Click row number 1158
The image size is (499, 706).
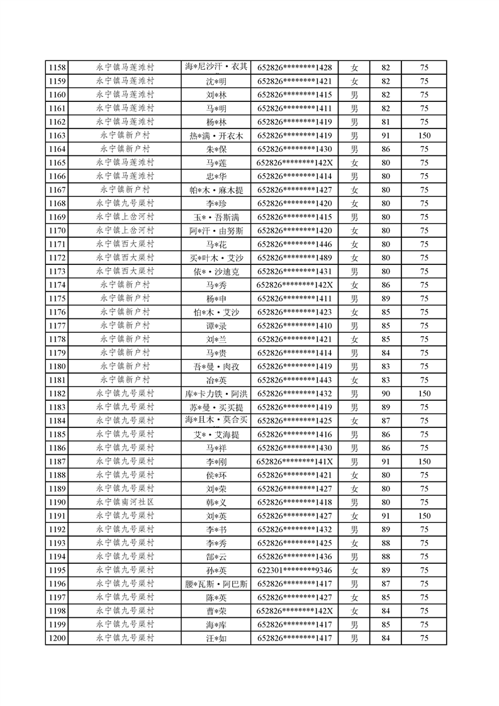tap(57, 67)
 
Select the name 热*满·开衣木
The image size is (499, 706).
tap(216, 135)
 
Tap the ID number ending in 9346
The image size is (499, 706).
tap(294, 570)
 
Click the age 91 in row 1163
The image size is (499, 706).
tap(386, 135)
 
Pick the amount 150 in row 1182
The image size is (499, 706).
tap(424, 393)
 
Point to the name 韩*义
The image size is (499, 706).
tap(216, 502)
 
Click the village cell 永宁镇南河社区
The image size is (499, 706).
tap(125, 502)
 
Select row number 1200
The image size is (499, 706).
tap(57, 638)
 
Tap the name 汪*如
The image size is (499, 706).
tap(216, 638)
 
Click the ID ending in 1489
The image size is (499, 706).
tap(294, 257)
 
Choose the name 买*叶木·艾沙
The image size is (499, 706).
tap(216, 257)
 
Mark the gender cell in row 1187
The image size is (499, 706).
tap(354, 461)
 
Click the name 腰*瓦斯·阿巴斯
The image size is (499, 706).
tap(216, 583)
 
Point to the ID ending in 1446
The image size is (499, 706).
tap(294, 244)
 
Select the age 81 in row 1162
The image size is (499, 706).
tap(386, 121)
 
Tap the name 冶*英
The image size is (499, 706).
tap(216, 380)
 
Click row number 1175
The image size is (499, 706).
tap(57, 298)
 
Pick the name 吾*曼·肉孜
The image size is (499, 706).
tap(216, 366)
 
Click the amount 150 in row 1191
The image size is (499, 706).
tap(424, 515)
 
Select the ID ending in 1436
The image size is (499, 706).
tap(294, 556)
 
